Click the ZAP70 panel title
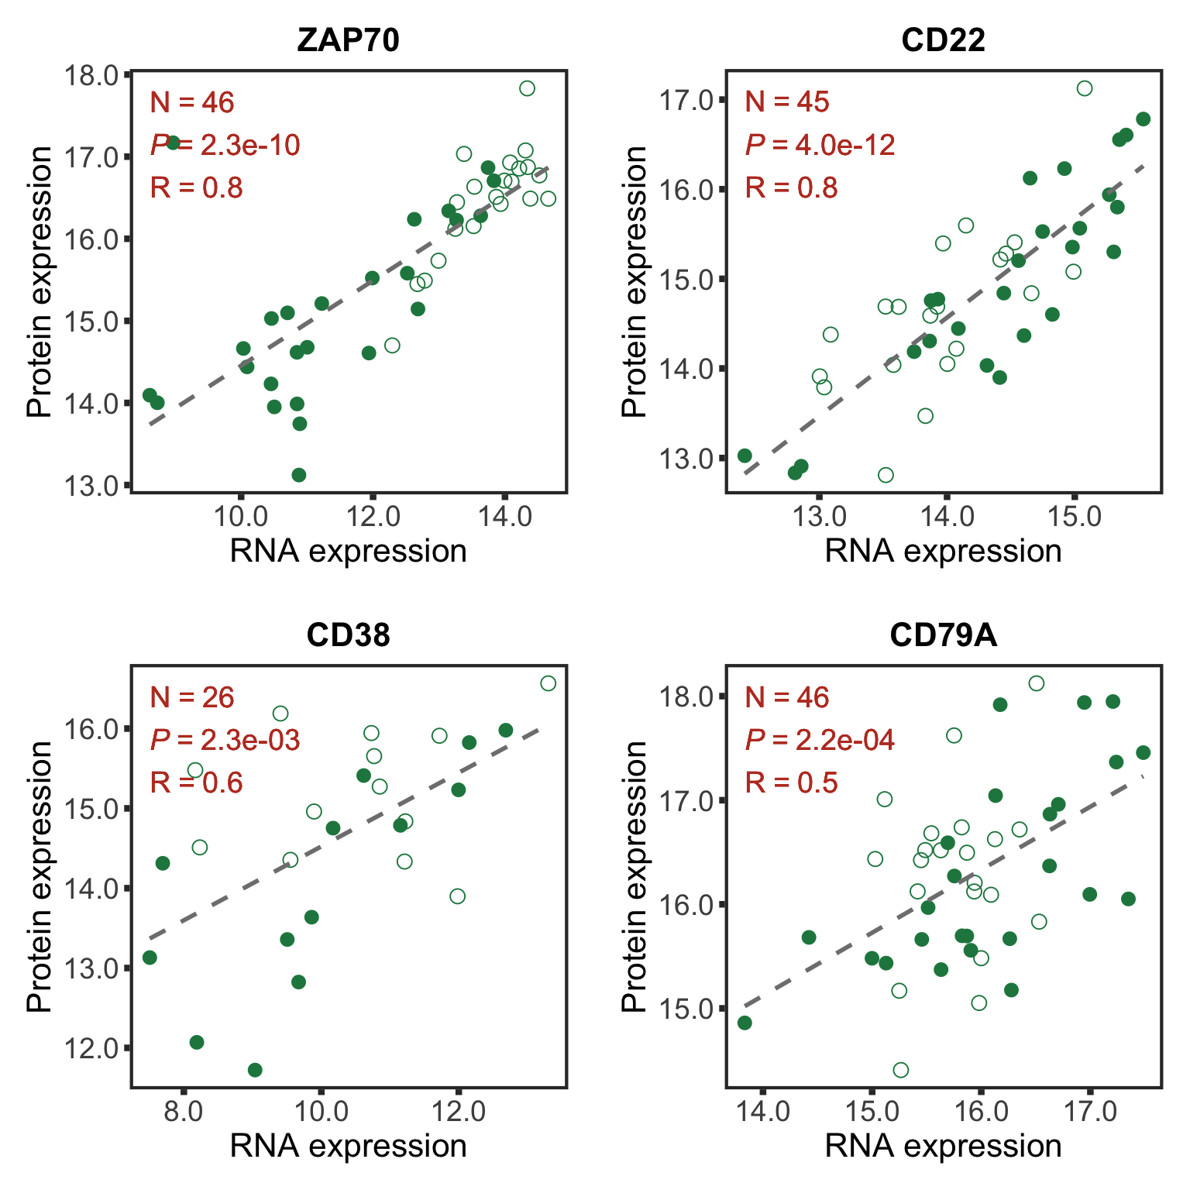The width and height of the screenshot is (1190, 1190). (x=348, y=40)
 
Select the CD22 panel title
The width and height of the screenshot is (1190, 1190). (x=943, y=40)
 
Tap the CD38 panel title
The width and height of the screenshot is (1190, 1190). (x=348, y=635)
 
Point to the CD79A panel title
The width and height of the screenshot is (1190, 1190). (x=943, y=635)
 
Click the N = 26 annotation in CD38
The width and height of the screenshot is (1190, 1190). (x=192, y=697)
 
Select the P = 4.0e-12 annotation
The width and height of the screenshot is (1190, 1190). (x=820, y=145)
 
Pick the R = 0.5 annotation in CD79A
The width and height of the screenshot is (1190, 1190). (x=791, y=782)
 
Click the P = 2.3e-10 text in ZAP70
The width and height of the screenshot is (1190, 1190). (x=225, y=145)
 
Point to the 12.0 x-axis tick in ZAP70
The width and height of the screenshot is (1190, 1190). (x=373, y=515)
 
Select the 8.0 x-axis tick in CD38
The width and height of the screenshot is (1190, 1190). (x=184, y=1110)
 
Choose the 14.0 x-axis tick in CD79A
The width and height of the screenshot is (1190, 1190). (x=763, y=1110)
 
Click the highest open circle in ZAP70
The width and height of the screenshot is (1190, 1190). (x=527, y=88)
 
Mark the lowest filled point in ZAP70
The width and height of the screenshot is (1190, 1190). (x=299, y=475)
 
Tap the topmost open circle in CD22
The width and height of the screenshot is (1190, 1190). (x=1085, y=88)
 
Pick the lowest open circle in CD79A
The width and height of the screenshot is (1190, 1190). (x=900, y=1070)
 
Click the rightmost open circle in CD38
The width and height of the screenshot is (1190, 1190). (x=548, y=683)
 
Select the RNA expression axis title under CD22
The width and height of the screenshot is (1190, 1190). (x=943, y=552)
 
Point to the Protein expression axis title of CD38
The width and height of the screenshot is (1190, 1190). (x=40, y=876)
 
